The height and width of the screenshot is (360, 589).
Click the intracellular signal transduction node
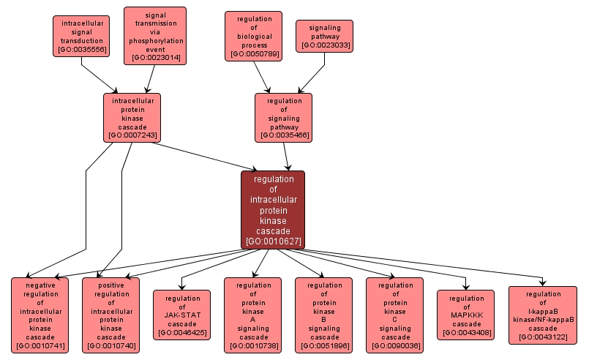[x=81, y=36]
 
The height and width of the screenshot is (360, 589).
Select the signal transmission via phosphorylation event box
[x=155, y=35]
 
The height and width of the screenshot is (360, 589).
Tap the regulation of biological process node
[x=254, y=36]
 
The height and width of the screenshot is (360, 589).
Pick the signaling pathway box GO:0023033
[x=324, y=36]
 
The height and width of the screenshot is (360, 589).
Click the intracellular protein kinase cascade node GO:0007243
[x=132, y=117]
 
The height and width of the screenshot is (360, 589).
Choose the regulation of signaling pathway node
[x=283, y=117]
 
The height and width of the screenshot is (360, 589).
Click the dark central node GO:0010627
[x=273, y=210]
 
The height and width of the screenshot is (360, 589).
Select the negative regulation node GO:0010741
[x=40, y=315]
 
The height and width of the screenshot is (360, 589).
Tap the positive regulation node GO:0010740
[x=111, y=315]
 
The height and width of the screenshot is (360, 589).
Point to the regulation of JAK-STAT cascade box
[x=182, y=315]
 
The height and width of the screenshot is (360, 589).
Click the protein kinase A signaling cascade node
[x=253, y=315]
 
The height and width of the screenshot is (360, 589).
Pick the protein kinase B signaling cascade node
[x=324, y=315]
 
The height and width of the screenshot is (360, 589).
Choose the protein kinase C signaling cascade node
[x=395, y=315]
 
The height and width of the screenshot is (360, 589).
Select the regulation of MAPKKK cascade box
[x=466, y=315]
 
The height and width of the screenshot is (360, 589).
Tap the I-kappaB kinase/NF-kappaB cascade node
[x=542, y=315]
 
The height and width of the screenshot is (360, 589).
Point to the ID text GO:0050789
[x=254, y=54]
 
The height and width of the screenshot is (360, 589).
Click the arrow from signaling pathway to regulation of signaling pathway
[x=309, y=73]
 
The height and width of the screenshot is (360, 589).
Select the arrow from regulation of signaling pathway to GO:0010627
[x=287, y=156]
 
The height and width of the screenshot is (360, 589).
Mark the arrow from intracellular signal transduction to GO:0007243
[x=99, y=75]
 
